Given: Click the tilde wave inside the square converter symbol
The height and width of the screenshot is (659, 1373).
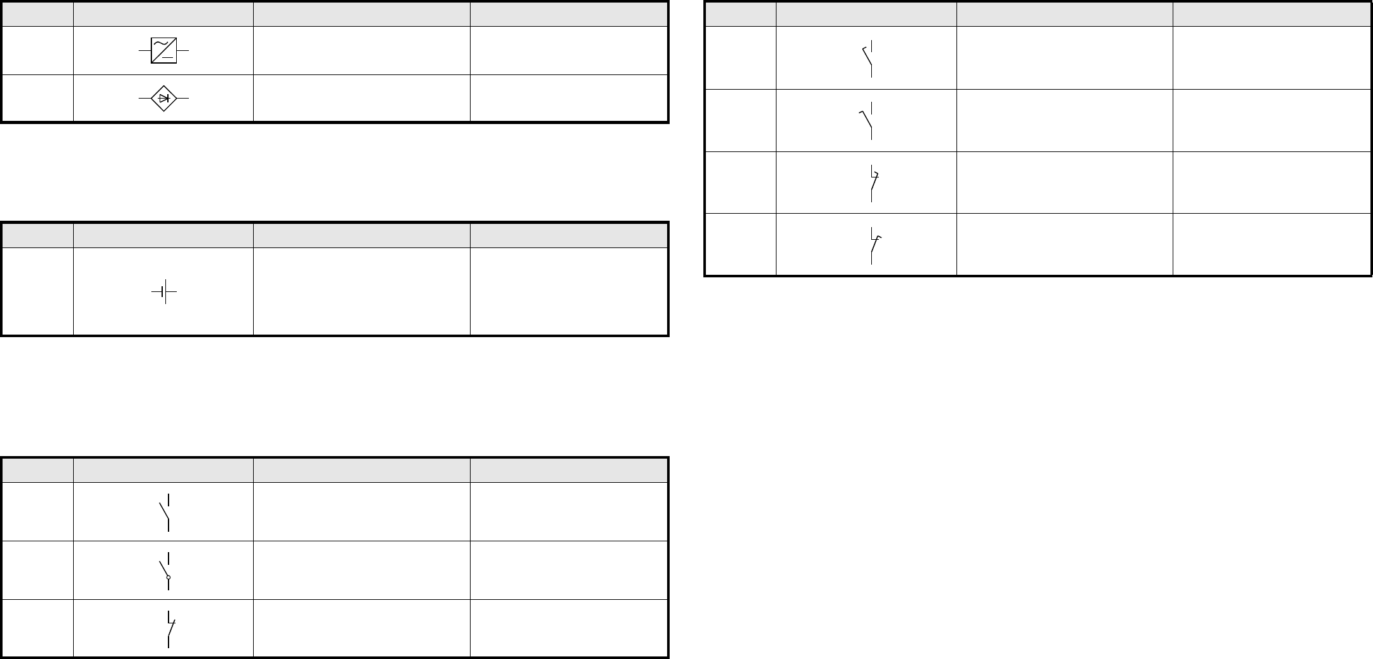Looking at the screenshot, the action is pos(159,44).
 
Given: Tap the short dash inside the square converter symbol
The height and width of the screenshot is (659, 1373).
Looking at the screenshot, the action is pos(168,57).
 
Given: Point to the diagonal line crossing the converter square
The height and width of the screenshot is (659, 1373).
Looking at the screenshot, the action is pos(163,50).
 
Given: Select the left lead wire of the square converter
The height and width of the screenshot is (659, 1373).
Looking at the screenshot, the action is pos(144,50).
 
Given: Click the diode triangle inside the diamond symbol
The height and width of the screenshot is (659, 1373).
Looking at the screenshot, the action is pos(163,99).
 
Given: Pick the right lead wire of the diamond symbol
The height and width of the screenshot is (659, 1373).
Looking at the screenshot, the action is pos(183,99).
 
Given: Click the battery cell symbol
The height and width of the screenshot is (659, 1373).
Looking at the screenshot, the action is pos(164,291).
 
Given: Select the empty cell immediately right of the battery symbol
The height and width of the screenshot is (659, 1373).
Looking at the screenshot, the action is pos(361,291).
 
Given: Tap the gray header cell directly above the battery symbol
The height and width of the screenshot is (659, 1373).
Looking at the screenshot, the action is pos(163,235).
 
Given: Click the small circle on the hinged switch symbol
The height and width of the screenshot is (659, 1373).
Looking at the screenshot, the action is pos(168,578).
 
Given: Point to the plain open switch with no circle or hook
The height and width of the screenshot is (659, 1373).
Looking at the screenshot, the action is pos(165,511).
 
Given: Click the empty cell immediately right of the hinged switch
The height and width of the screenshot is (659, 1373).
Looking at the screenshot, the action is pos(361,570).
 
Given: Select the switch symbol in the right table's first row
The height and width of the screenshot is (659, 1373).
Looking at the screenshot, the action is pos(867,58).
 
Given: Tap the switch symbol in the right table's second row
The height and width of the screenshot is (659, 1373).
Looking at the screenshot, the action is pos(867,120).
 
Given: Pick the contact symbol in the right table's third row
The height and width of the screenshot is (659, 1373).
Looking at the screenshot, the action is pos(873,183).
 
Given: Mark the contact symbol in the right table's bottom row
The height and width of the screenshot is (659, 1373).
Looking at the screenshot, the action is pos(874,245).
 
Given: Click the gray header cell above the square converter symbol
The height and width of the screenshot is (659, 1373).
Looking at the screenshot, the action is pos(163,14).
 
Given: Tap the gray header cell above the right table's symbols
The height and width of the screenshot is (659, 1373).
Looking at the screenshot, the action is pos(866,14).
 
